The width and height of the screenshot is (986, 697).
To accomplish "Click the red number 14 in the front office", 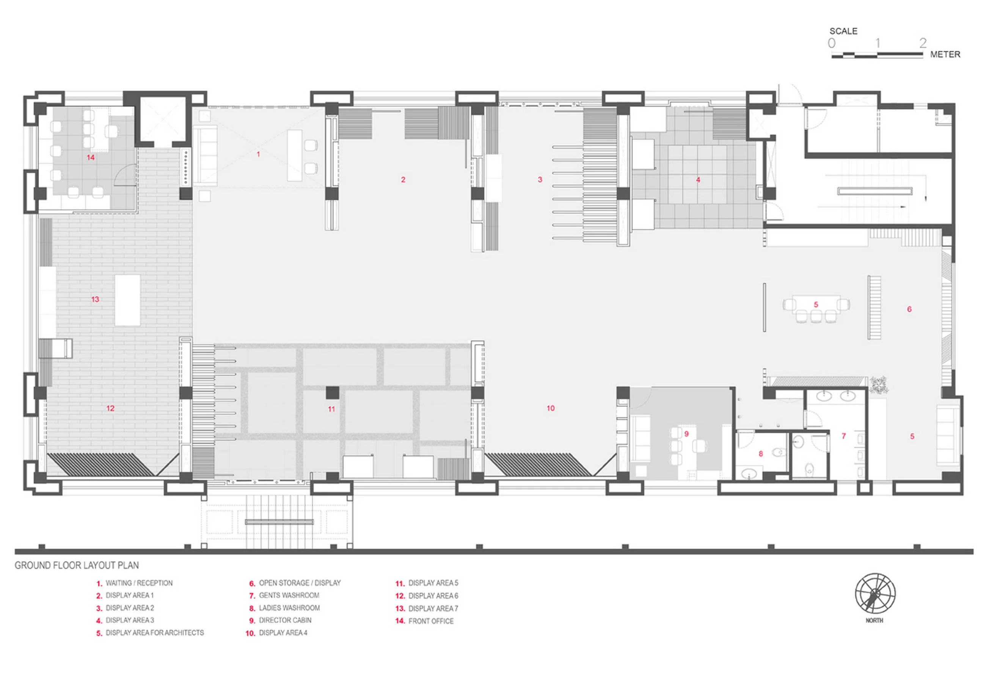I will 91,158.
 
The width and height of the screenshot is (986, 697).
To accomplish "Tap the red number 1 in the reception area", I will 258,154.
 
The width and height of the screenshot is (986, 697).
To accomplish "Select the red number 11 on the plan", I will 331,409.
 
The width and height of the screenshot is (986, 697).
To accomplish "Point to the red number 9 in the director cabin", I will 686,434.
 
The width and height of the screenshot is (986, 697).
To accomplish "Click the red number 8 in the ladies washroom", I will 760,454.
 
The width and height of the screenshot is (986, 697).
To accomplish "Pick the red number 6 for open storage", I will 909,309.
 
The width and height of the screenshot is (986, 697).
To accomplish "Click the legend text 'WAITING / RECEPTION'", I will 139,583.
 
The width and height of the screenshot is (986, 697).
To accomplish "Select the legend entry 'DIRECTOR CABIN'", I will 285,620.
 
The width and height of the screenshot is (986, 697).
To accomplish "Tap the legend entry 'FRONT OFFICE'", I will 431,621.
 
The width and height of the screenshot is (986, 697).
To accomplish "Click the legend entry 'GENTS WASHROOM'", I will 289,595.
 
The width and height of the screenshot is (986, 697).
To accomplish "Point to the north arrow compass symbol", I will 875,593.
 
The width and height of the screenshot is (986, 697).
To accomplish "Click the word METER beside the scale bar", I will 945,55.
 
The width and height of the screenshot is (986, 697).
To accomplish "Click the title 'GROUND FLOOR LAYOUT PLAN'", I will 77,565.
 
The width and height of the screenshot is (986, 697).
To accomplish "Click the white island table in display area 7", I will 127,300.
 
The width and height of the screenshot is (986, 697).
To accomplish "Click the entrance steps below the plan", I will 279,522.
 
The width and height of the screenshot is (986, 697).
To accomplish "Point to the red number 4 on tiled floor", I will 698,180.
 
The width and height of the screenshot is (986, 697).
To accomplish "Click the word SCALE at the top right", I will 843,31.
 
